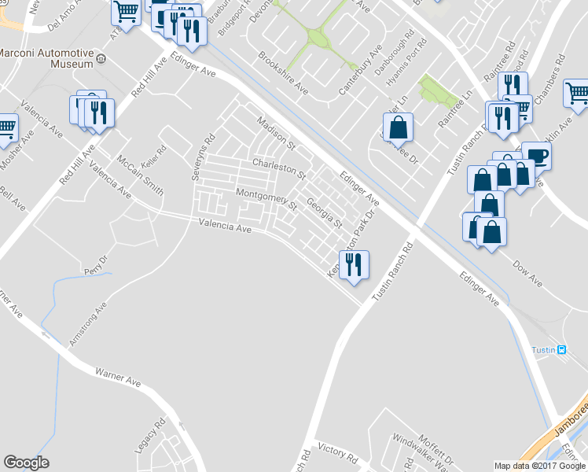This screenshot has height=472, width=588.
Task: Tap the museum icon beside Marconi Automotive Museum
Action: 101,57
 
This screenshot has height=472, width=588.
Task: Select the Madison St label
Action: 275,131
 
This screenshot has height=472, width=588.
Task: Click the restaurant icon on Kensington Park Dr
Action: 353,264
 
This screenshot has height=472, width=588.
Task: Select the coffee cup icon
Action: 537,154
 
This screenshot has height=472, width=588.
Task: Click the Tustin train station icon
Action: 561,350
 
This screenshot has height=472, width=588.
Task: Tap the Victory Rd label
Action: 338,454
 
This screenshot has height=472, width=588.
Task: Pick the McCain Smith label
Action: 141,174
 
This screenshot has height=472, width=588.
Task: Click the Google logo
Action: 26,463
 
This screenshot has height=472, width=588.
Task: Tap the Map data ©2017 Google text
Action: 540,466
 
